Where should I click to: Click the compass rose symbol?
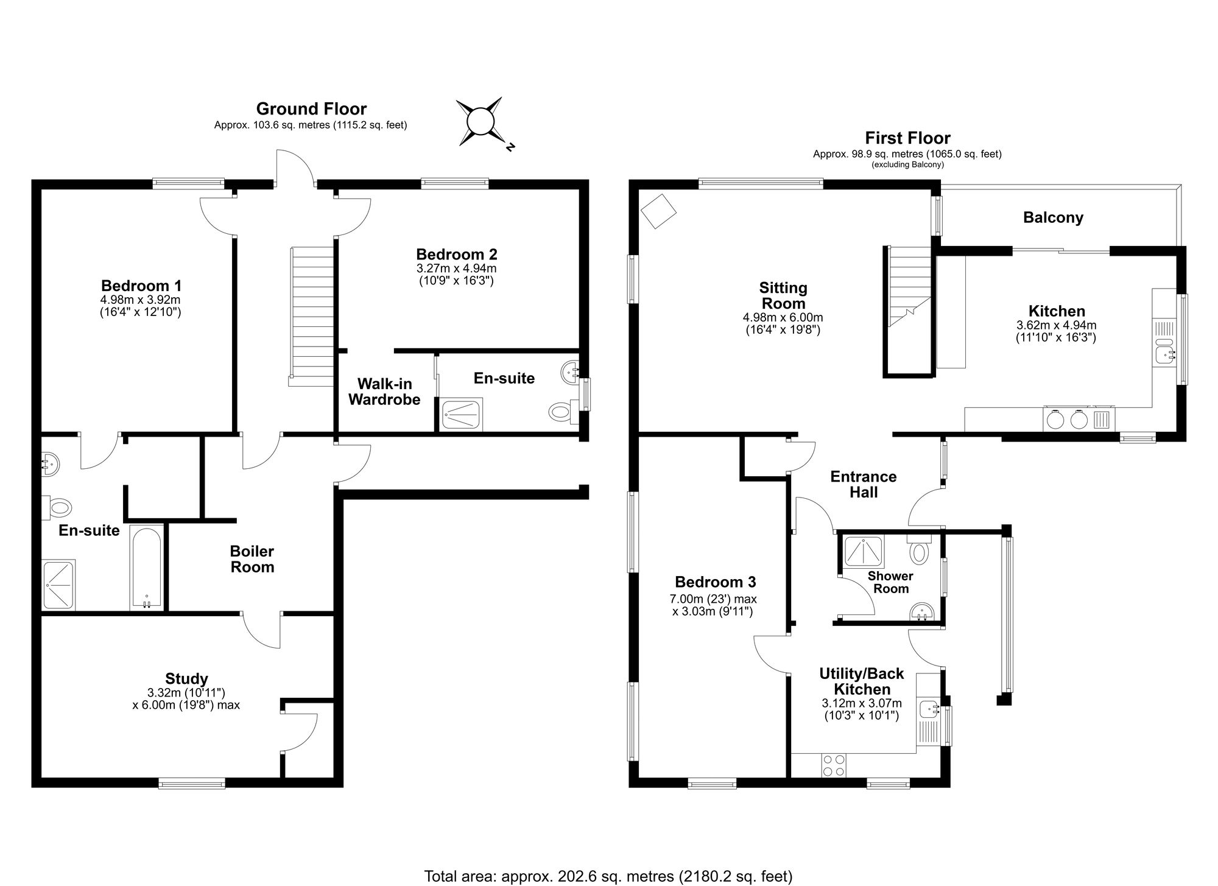[481, 122]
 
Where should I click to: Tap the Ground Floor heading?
[311, 109]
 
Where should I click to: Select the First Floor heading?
[907, 138]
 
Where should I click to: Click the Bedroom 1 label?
[141, 286]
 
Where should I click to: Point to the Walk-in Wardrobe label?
[384, 392]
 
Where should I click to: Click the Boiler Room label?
[252, 559]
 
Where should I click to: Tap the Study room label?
[186, 678]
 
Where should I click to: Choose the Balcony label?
[1053, 217]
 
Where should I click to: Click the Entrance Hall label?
[864, 484]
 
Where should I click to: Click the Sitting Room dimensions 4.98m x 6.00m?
[783, 318]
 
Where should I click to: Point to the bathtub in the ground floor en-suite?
[147, 568]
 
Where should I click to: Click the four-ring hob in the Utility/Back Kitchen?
[833, 765]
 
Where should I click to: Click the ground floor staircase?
[311, 317]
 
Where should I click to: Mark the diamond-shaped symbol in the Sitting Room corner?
[658, 211]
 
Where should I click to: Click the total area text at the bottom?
[608, 876]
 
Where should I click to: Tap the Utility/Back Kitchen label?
[862, 681]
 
